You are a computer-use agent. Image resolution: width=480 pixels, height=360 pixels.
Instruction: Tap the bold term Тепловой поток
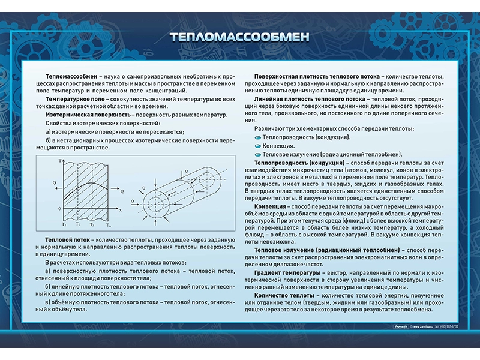(x=67, y=239)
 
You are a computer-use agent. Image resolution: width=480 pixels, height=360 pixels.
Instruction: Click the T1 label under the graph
(x=64, y=224)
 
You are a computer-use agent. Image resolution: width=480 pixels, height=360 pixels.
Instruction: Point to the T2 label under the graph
(x=78, y=224)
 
